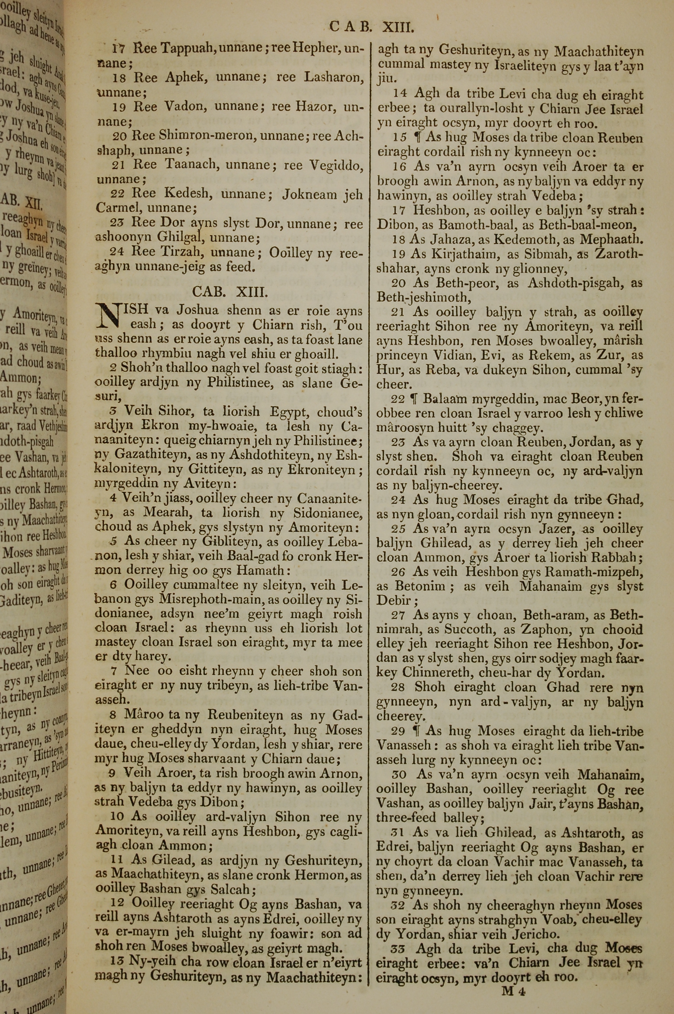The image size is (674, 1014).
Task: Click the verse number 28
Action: (x=399, y=687)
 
